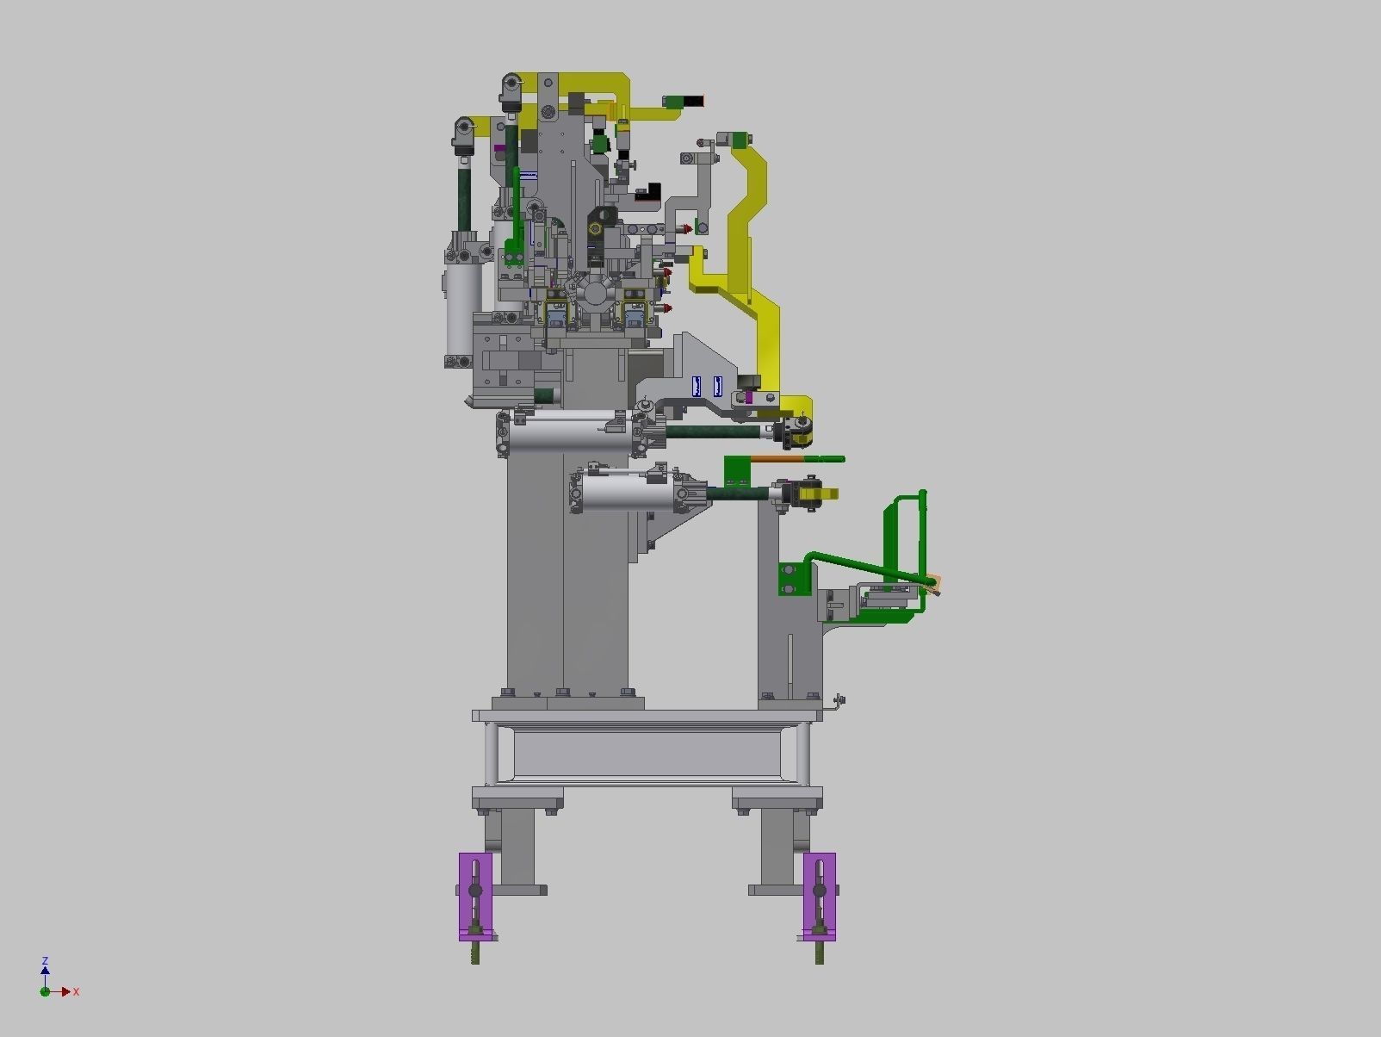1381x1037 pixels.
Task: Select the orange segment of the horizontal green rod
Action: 777,460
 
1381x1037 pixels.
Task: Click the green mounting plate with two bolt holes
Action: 793,578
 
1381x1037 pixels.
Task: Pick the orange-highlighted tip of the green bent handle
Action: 934,585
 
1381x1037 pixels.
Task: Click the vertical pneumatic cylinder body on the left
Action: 462,308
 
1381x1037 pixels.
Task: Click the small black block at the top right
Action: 695,101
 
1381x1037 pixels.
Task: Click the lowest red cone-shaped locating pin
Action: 667,307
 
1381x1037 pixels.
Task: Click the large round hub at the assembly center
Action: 593,293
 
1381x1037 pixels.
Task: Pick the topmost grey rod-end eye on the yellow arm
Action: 511,84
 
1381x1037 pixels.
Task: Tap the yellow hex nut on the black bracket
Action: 594,228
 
